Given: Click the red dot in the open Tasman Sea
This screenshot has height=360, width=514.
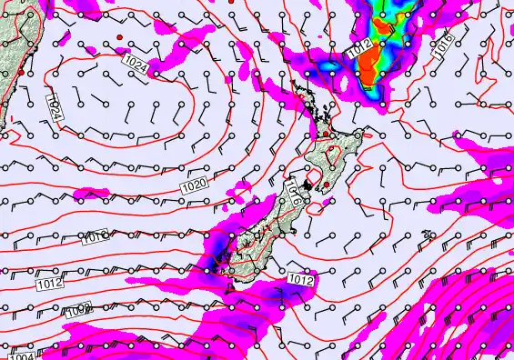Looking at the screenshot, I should (x=119, y=35).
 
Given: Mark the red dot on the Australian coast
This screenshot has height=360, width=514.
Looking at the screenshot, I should (x=20, y=72).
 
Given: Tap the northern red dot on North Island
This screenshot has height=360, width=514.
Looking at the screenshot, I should (x=326, y=134).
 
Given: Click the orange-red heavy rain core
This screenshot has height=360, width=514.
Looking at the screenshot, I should (x=371, y=64).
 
